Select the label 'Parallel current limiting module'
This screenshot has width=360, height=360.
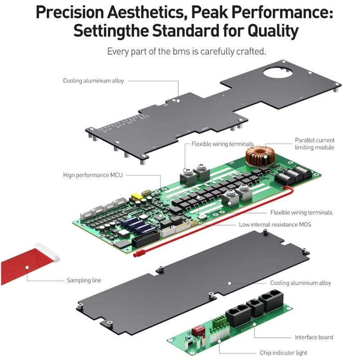click(315, 144)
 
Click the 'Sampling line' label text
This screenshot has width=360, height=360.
click(84, 280)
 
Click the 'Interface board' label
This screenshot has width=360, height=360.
click(314, 337)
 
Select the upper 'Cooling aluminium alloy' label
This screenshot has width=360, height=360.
click(93, 81)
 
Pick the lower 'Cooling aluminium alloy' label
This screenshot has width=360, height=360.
click(301, 283)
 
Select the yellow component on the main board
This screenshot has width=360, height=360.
click(135, 197)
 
